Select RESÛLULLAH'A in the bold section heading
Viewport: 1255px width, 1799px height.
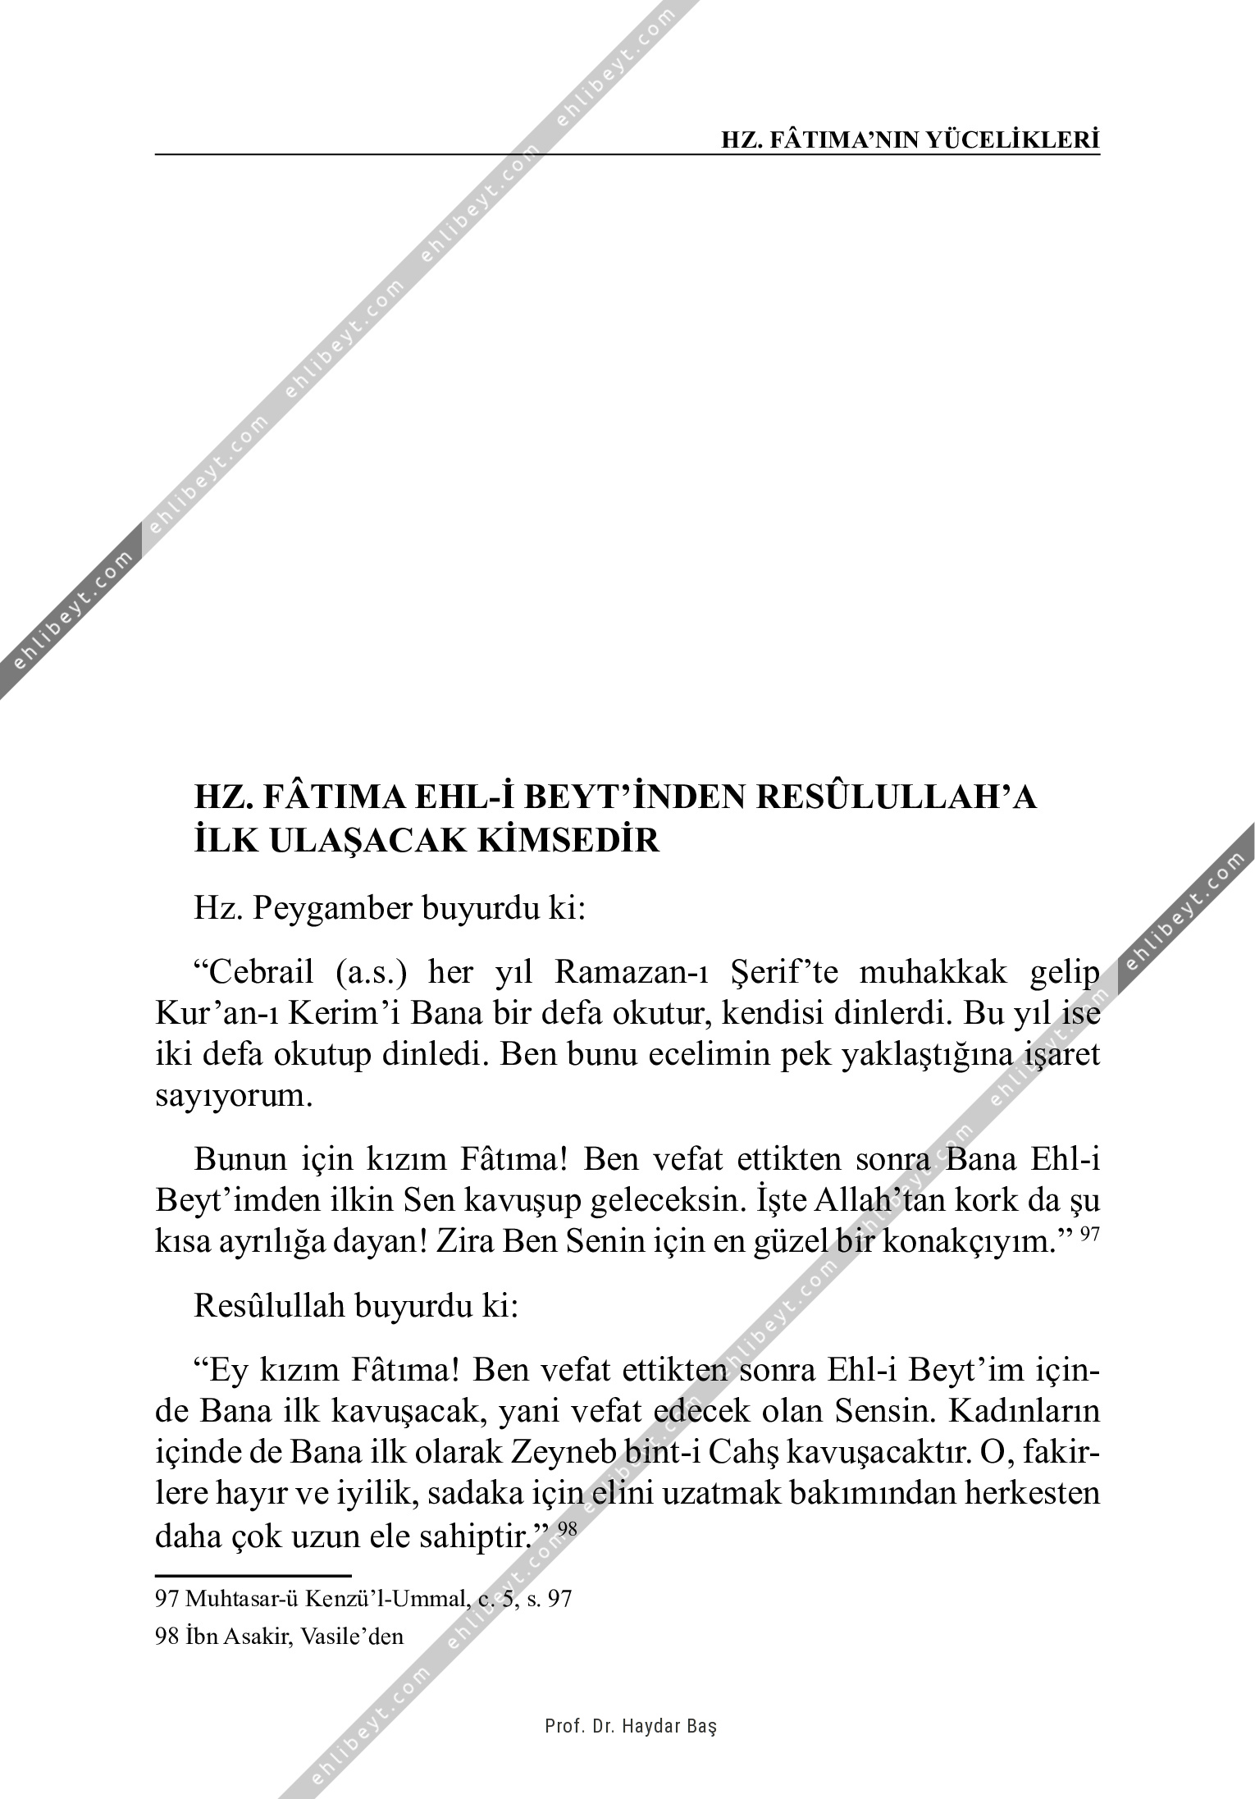click(x=896, y=798)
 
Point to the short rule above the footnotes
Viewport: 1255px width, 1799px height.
click(x=253, y=1576)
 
